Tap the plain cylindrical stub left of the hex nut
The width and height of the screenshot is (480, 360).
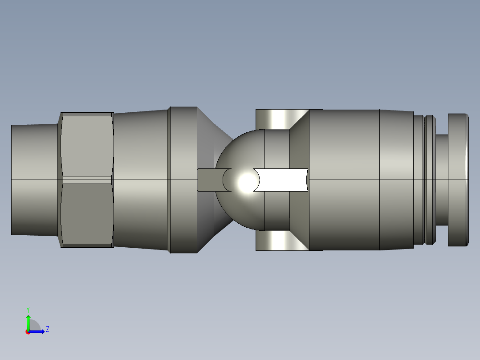[35, 180]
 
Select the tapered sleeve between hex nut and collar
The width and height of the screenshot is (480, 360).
[140, 180]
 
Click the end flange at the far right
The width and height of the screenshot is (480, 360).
[458, 180]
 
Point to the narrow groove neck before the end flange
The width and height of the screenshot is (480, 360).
[441, 180]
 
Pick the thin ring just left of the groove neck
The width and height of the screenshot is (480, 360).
[429, 180]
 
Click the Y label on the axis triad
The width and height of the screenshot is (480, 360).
[28, 309]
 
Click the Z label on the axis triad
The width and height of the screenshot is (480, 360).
[47, 329]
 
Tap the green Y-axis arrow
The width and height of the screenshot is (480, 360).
[28, 321]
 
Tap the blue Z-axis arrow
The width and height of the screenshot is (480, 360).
[38, 331]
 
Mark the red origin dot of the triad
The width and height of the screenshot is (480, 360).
[28, 332]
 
